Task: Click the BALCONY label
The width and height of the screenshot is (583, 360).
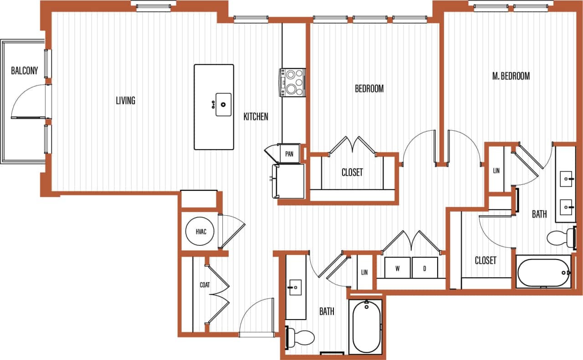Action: pos(25,71)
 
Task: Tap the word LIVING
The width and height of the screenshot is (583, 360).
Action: pos(125,101)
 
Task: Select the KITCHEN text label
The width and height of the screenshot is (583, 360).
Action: pos(256,117)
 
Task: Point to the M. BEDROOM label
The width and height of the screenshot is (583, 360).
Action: pos(511,76)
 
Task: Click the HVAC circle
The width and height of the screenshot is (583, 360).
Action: pos(201,232)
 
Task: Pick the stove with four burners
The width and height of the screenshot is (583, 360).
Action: pos(292,82)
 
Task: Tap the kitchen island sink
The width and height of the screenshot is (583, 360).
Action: pos(223,105)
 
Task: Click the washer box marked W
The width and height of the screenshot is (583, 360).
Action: pos(397,268)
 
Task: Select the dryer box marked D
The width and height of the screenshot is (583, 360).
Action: pos(424,268)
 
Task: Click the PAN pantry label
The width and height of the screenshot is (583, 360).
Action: pos(289,154)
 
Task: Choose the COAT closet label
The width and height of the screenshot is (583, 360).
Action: pos(205,285)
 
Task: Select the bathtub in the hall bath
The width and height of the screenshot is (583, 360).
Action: pos(367,326)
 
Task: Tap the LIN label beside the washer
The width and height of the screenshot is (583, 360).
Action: pos(364,273)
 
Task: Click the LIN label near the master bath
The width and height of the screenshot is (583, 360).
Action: pos(496,171)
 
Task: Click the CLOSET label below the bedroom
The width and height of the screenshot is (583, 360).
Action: pos(352,172)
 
